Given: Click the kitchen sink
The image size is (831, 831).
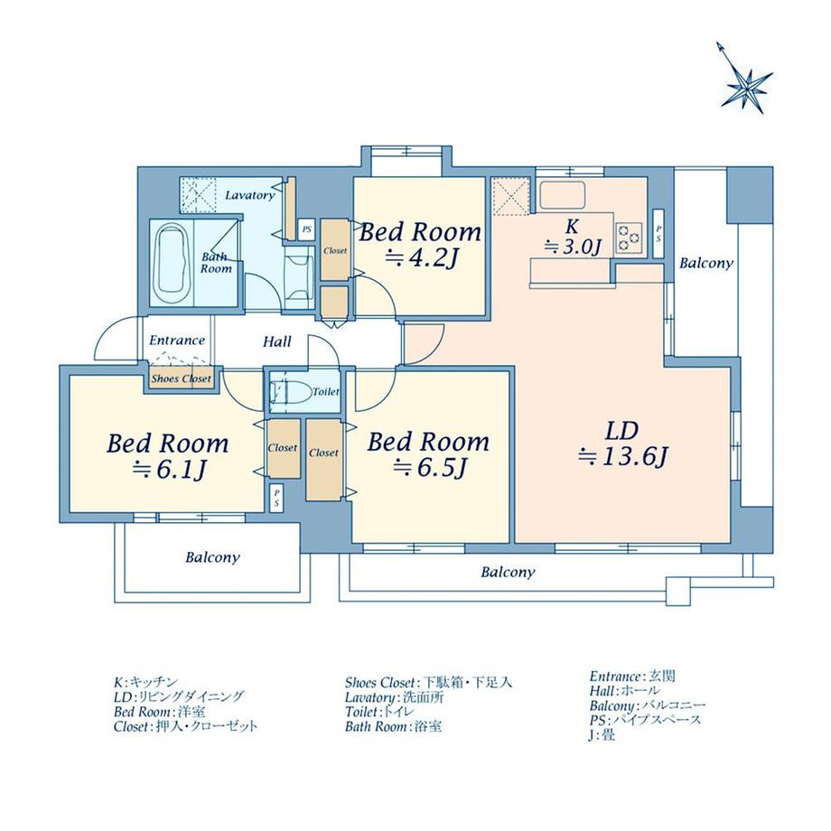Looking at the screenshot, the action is click(562, 196).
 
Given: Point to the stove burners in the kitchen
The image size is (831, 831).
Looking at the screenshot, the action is click(629, 238).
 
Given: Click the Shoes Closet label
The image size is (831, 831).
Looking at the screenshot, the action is click(182, 379).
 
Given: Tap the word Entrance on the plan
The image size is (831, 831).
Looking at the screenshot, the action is click(177, 341).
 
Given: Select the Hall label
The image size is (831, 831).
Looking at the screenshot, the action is click(277, 341).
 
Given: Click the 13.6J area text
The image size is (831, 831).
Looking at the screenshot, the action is click(623, 456).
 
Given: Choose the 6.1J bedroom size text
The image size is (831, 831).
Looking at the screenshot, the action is click(170, 469).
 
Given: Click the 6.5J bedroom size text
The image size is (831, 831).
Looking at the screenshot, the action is click(430, 467).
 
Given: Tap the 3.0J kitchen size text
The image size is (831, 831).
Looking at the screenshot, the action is click(574, 247).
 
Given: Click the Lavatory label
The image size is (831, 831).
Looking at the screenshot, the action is click(250, 195).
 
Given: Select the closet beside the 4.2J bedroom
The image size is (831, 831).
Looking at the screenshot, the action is click(335, 249).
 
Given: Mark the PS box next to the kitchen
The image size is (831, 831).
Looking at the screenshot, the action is click(658, 234).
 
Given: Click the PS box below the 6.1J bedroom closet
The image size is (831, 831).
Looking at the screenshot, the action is click(276, 499).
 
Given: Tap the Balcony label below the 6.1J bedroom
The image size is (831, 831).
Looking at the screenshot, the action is click(212, 557).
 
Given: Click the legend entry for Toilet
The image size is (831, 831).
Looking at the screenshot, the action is click(379, 712).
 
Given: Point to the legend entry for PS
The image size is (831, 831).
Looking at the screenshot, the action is click(645, 720).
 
